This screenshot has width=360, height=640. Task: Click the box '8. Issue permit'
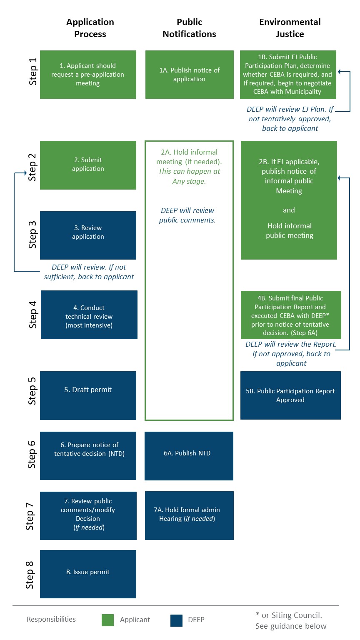pyautogui.click(x=88, y=574)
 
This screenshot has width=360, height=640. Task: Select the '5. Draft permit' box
pyautogui.click(x=88, y=395)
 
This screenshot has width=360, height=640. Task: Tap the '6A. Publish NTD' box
pyautogui.click(x=189, y=455)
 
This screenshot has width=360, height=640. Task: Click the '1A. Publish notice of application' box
pyautogui.click(x=189, y=75)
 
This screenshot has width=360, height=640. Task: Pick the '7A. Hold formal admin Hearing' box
pyautogui.click(x=189, y=515)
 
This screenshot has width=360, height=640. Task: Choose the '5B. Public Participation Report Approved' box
pyautogui.click(x=290, y=395)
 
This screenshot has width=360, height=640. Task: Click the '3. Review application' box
pyautogui.click(x=88, y=235)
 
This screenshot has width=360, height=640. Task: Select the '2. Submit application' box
pyautogui.click(x=88, y=165)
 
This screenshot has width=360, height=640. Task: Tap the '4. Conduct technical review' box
pyautogui.click(x=89, y=315)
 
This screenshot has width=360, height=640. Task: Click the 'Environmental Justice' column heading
pyautogui.click(x=290, y=28)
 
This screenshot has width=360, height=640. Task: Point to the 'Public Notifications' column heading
pyautogui.click(x=189, y=28)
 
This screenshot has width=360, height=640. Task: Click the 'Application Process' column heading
pyautogui.click(x=90, y=28)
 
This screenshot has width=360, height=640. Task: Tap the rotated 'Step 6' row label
pyautogui.click(x=32, y=455)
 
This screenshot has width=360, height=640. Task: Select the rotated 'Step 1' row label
pyautogui.click(x=32, y=72)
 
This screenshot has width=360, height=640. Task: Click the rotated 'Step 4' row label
pyautogui.click(x=32, y=315)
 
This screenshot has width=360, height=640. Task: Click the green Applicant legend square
pyautogui.click(x=107, y=620)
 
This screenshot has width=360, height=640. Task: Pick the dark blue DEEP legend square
pyautogui.click(x=176, y=620)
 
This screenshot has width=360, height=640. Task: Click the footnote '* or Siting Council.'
pyautogui.click(x=288, y=615)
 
